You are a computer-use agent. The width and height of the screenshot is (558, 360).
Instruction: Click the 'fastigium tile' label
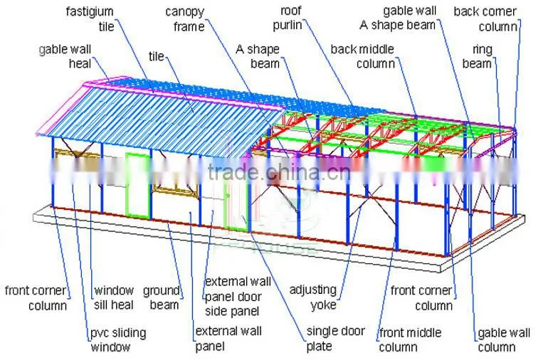[90, 18]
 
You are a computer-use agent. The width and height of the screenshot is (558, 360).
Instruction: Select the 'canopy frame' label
[185, 18]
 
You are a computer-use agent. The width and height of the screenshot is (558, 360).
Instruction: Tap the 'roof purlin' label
[288, 18]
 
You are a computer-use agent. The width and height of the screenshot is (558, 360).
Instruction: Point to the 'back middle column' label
[363, 56]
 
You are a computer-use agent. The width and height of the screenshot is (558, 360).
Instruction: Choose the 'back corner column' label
[485, 18]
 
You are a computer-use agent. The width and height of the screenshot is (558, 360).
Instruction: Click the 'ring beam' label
[477, 56]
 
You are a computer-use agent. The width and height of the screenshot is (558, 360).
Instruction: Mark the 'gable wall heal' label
[65, 56]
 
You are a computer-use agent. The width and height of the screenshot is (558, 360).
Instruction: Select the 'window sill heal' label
[114, 297]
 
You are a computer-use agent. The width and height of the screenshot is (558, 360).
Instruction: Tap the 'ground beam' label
[161, 297]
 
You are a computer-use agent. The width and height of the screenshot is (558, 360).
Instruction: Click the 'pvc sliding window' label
[118, 340]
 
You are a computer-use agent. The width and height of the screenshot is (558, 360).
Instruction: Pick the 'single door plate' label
[336, 339]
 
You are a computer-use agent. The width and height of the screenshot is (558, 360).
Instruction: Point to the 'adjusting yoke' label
[313, 297]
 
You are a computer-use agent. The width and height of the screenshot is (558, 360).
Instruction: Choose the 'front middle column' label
[410, 340]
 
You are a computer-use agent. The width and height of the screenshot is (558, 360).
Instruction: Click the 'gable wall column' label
[504, 340]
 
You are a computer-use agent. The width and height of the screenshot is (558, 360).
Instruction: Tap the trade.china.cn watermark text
[279, 172]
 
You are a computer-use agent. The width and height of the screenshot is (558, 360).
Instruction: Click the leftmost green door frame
[138, 185]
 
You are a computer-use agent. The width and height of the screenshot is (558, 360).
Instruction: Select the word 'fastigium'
[90, 11]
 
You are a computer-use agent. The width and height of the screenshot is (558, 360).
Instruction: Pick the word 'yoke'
[323, 305]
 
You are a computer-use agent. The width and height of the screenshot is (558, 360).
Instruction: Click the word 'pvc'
[100, 333]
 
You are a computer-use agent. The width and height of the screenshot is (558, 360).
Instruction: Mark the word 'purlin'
[288, 26]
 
